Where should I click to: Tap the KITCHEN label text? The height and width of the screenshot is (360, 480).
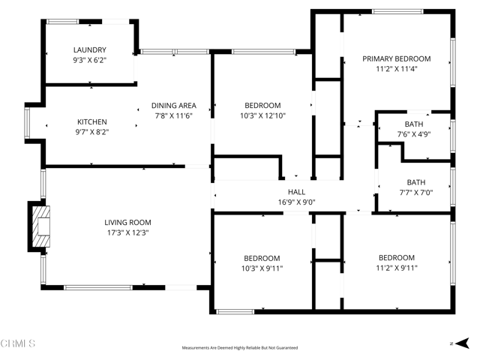(92, 121)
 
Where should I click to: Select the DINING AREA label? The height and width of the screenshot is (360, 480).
(174, 106)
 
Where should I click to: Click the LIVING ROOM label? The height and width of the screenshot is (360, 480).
(127, 222)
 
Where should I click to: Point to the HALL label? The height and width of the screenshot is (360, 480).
(292, 192)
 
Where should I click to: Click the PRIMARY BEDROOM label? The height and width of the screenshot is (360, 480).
(397, 58)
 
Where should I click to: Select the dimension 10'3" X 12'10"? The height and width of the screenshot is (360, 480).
(262, 115)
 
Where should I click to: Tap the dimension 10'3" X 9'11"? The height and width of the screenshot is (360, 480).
(262, 268)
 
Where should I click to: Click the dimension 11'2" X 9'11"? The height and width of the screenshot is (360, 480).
(397, 267)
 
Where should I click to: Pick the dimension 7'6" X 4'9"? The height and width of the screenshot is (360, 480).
(414, 134)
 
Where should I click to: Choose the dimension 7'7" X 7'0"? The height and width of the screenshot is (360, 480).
(415, 192)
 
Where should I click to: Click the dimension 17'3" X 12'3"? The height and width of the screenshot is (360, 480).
(127, 232)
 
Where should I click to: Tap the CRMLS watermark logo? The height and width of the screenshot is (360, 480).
(19, 343)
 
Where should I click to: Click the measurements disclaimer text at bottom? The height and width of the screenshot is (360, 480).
(240, 348)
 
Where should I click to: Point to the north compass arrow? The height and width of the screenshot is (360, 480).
(455, 343)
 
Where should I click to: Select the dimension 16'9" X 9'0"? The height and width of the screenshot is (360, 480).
(292, 202)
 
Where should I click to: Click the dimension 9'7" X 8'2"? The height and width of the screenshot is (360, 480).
(92, 131)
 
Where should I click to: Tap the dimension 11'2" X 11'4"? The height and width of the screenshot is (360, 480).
(397, 68)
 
